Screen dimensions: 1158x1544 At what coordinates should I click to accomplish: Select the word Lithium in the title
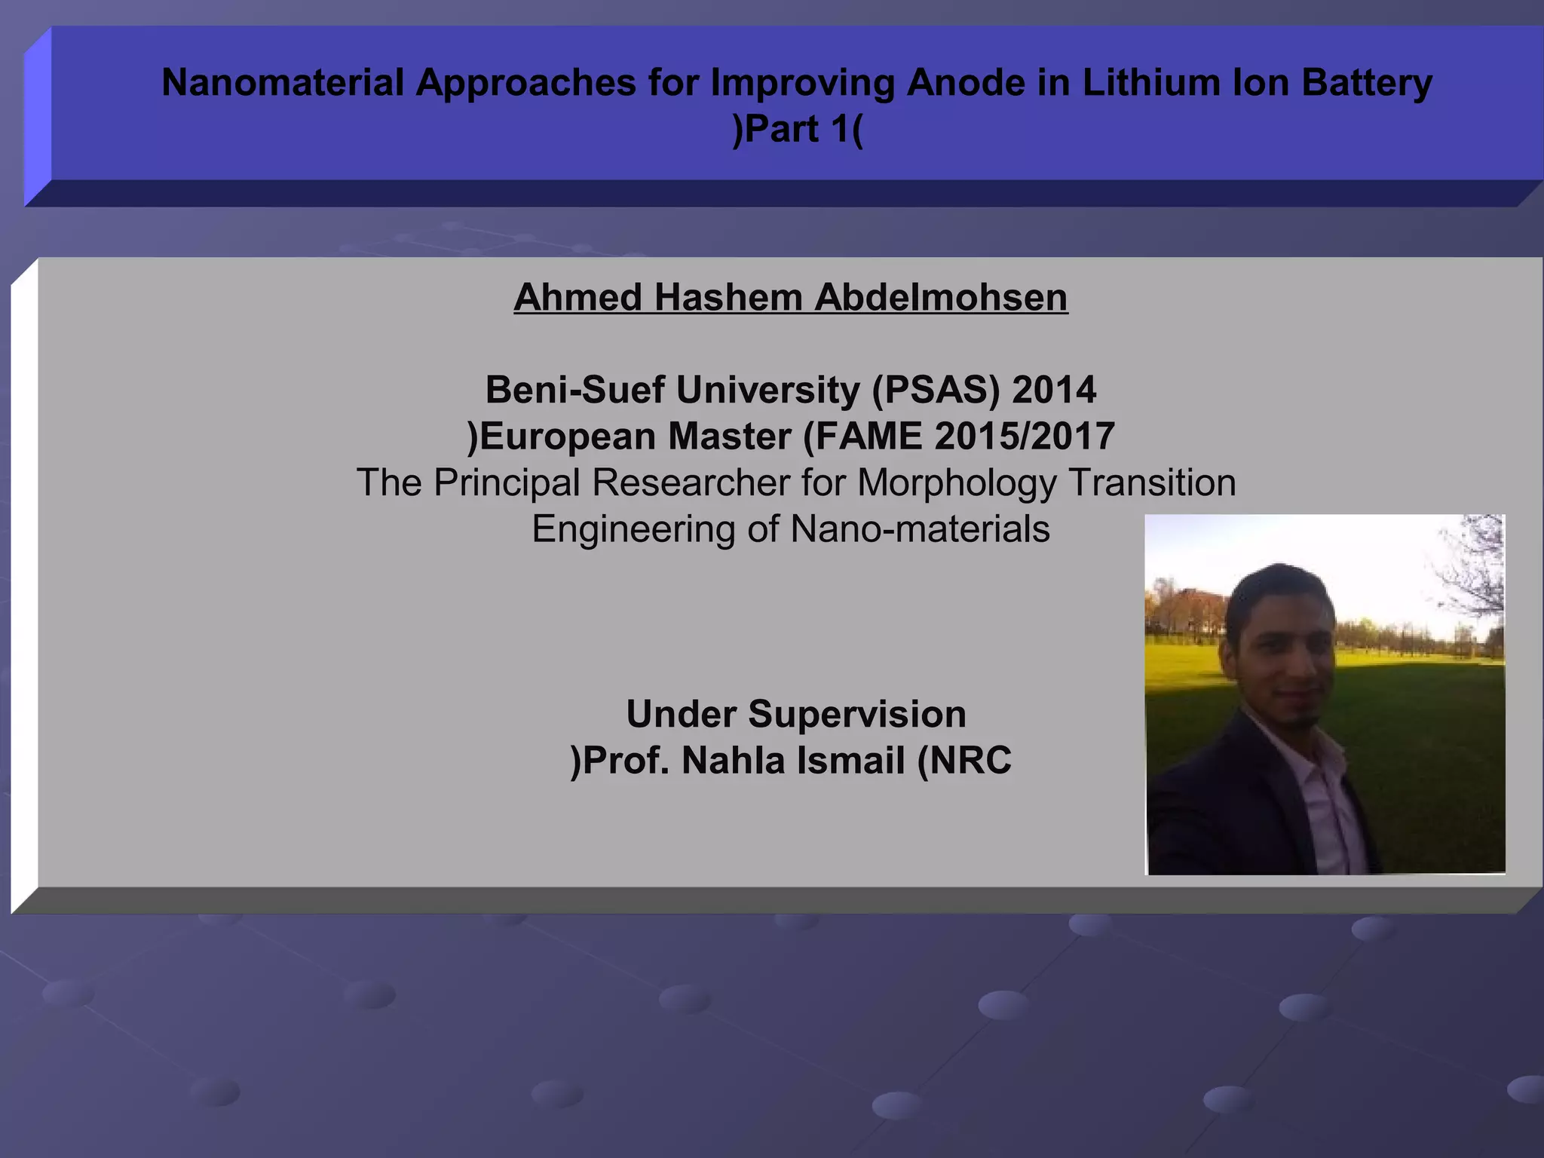tap(1150, 82)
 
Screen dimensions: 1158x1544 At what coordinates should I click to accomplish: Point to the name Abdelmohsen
tap(940, 297)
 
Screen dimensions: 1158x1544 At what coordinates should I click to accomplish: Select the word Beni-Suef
tap(577, 390)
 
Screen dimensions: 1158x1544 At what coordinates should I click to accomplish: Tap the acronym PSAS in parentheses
tap(936, 390)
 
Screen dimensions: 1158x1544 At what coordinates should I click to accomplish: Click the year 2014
tap(1053, 390)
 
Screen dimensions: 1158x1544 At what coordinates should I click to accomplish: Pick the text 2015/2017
tap(1024, 437)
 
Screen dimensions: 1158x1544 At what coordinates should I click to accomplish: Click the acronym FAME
tap(868, 437)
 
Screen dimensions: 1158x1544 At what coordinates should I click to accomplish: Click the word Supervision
tap(856, 714)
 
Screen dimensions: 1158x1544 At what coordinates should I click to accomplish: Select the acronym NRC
tap(970, 761)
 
